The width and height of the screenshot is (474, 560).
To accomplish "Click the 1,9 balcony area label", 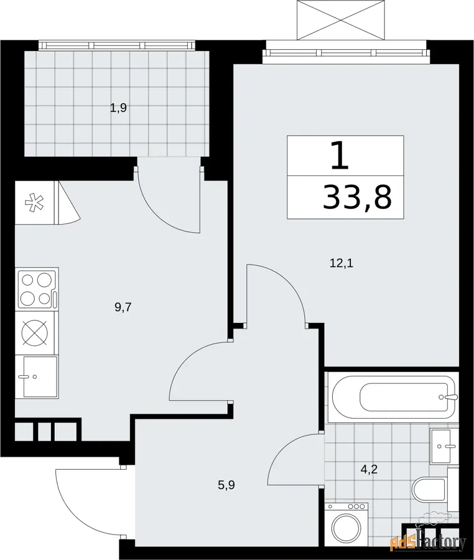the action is point(118,108).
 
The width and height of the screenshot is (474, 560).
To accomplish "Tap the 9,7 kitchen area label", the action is point(123,307).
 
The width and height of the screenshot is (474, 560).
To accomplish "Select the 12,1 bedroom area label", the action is point(342,264).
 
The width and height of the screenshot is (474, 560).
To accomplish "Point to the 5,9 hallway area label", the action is point(226,485).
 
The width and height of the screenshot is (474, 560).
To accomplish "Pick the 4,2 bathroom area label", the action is point(369,469).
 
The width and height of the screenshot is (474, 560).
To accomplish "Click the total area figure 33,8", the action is point(357,197).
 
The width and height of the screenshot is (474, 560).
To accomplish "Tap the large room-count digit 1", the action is point(340,156).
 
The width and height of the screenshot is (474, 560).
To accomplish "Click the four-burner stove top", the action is point(37,289).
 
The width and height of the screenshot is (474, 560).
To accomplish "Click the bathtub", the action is point(393,397).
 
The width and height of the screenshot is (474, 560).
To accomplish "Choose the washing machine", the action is point(348,525).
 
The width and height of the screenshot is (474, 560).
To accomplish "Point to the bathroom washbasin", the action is point(444,446).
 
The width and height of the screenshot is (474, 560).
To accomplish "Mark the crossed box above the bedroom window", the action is point(341,20).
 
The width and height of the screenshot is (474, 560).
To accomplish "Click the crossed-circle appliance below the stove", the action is point(35,333).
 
